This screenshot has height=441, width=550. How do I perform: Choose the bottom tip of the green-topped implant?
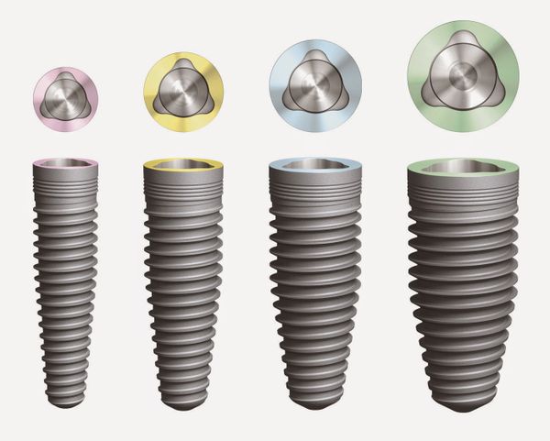click(463, 405)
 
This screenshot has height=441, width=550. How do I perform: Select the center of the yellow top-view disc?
click(183, 90)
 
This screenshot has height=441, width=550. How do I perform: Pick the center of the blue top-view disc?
click(314, 85)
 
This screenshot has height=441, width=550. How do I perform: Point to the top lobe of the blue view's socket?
click(314, 60)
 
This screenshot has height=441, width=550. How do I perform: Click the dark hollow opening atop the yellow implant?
click(183, 165)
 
